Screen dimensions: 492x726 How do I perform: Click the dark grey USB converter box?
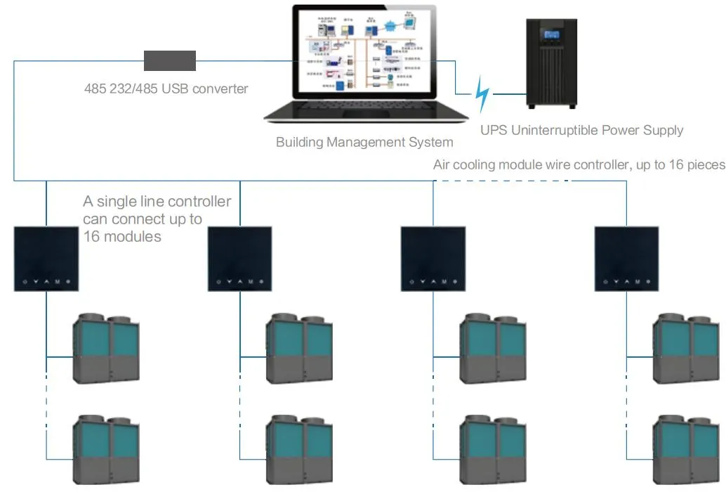(x=170, y=60)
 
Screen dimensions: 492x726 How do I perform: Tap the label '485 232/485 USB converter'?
(x=166, y=89)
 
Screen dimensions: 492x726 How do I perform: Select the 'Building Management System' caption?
(x=364, y=143)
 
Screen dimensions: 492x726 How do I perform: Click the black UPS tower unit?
(x=553, y=63)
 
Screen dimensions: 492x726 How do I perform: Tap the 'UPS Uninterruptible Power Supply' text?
(x=581, y=130)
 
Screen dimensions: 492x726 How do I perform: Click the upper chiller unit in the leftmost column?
(x=107, y=349)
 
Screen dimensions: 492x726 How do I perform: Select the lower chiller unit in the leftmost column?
(x=107, y=450)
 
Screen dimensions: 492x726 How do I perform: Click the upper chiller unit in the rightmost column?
(x=687, y=349)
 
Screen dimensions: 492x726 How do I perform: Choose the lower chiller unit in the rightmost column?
(x=687, y=450)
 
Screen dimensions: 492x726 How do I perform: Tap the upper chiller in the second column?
(x=299, y=349)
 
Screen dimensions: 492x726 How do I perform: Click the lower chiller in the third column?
(x=493, y=450)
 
